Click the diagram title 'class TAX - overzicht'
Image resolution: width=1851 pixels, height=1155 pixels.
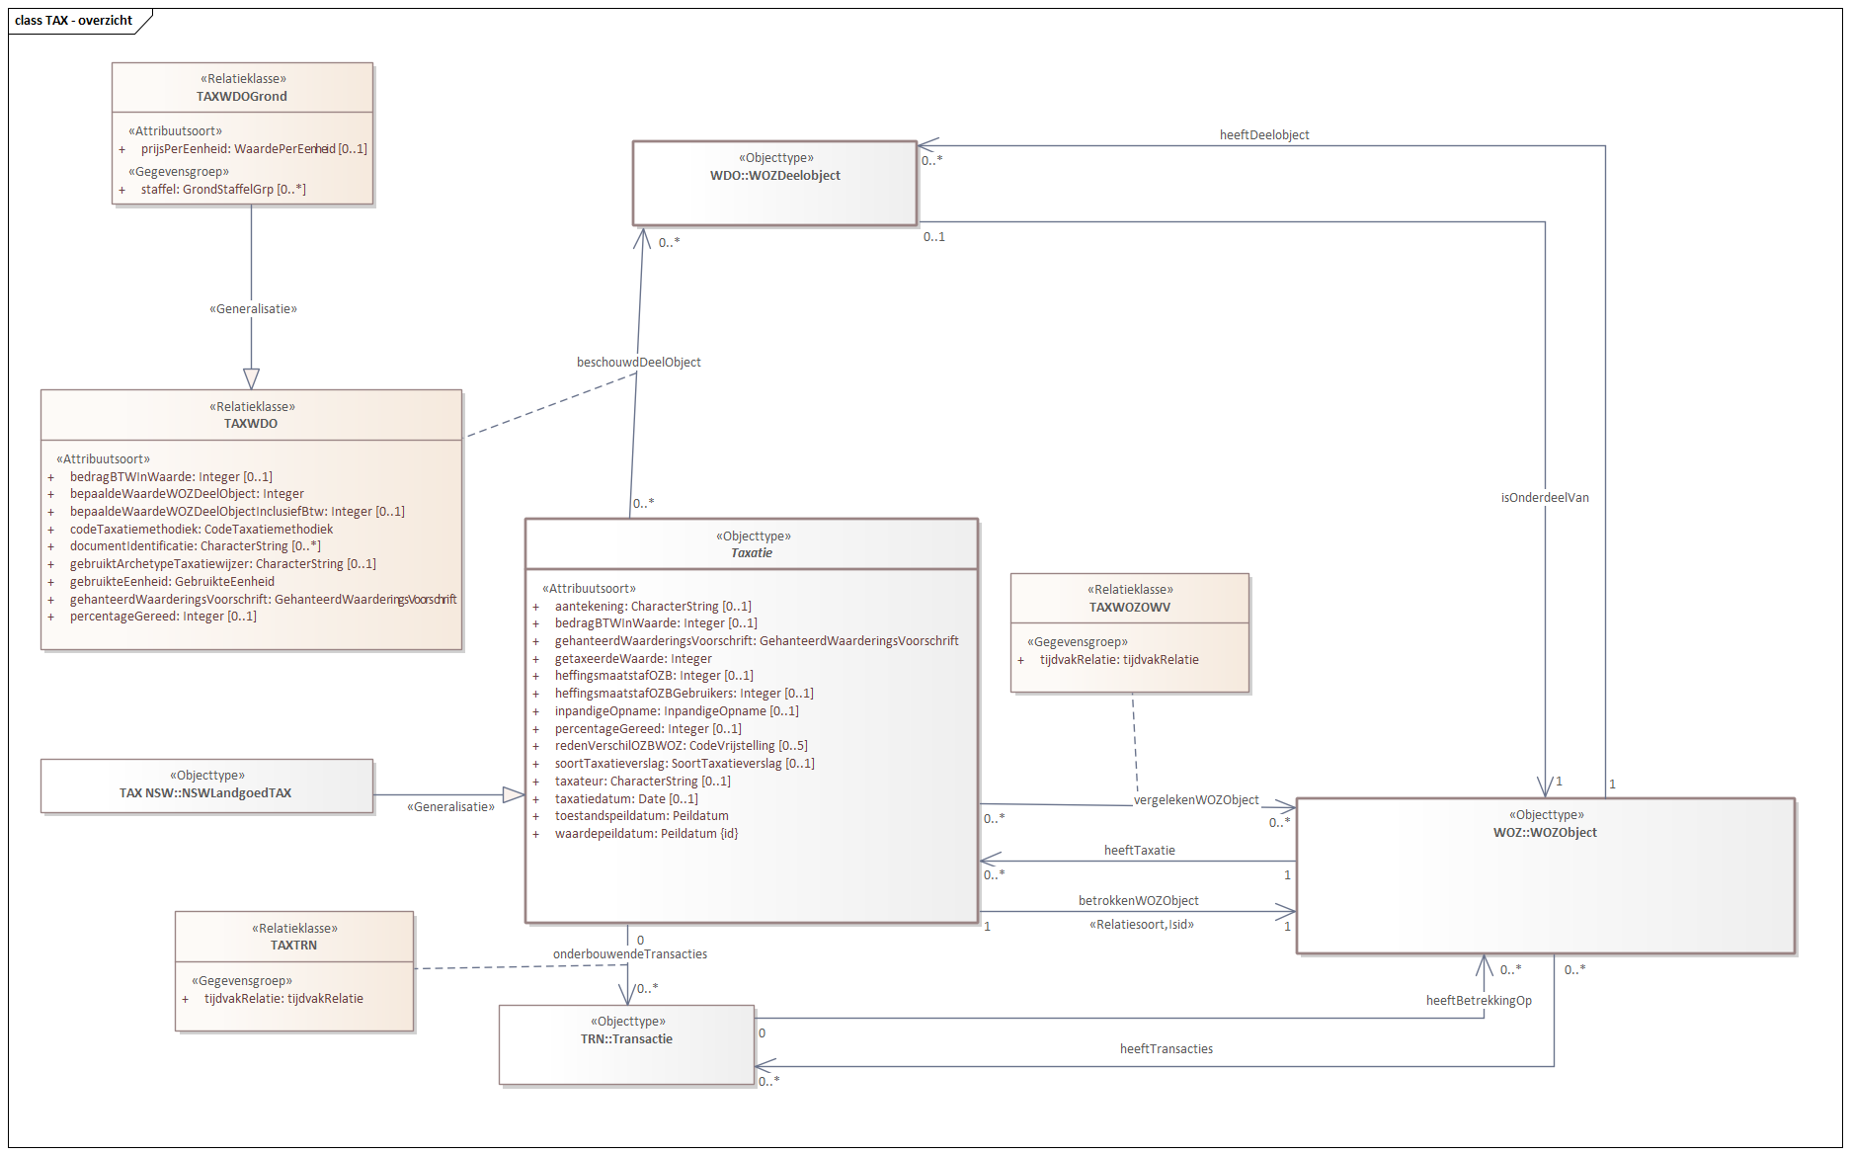[x=73, y=20]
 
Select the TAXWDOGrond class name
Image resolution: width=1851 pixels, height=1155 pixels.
[x=242, y=96]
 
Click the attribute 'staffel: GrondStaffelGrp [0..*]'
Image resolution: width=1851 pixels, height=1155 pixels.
[x=223, y=189]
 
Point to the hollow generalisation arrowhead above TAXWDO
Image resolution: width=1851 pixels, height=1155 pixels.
[x=251, y=378]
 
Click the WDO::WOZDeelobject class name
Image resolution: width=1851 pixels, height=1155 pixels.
[x=775, y=175]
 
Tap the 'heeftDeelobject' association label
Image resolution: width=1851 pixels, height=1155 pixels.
[x=1264, y=135]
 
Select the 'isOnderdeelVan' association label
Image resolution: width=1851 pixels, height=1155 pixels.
[x=1545, y=497]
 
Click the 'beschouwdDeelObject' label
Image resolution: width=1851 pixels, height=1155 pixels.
[x=639, y=362]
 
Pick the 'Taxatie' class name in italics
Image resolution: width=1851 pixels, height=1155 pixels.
[x=752, y=552]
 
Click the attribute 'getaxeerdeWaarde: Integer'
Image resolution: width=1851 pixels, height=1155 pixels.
[x=633, y=658]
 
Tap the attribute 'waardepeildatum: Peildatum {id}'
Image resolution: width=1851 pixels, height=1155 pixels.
[x=646, y=833]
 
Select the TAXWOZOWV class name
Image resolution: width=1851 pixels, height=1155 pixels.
[x=1130, y=607]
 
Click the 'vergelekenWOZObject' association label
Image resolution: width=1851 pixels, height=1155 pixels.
[x=1196, y=799]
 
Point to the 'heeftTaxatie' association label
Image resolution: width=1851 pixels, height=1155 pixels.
[x=1140, y=850]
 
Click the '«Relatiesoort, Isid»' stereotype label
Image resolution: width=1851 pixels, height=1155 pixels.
[x=1142, y=924]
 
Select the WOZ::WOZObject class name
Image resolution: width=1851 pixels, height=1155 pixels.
[x=1545, y=832]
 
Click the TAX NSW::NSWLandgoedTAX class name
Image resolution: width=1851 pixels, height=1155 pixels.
[x=205, y=792]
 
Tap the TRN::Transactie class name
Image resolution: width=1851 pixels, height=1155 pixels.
[x=626, y=1038]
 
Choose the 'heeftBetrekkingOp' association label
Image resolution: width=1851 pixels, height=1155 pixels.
[x=1479, y=1000]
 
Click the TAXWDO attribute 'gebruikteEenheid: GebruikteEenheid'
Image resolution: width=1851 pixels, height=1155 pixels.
[x=172, y=581]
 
